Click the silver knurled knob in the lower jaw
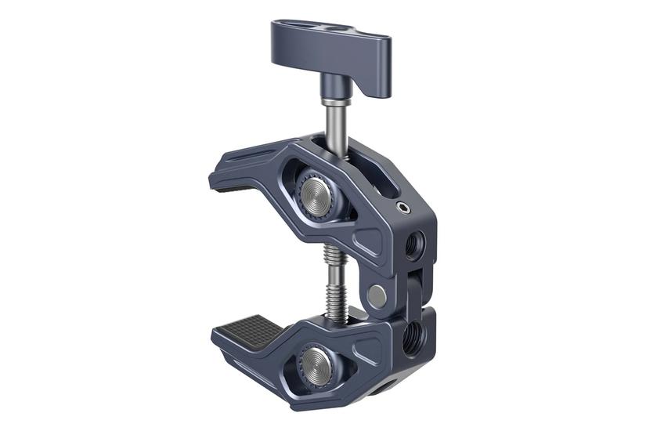click(x=318, y=364)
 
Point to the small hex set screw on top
click(x=402, y=207)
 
